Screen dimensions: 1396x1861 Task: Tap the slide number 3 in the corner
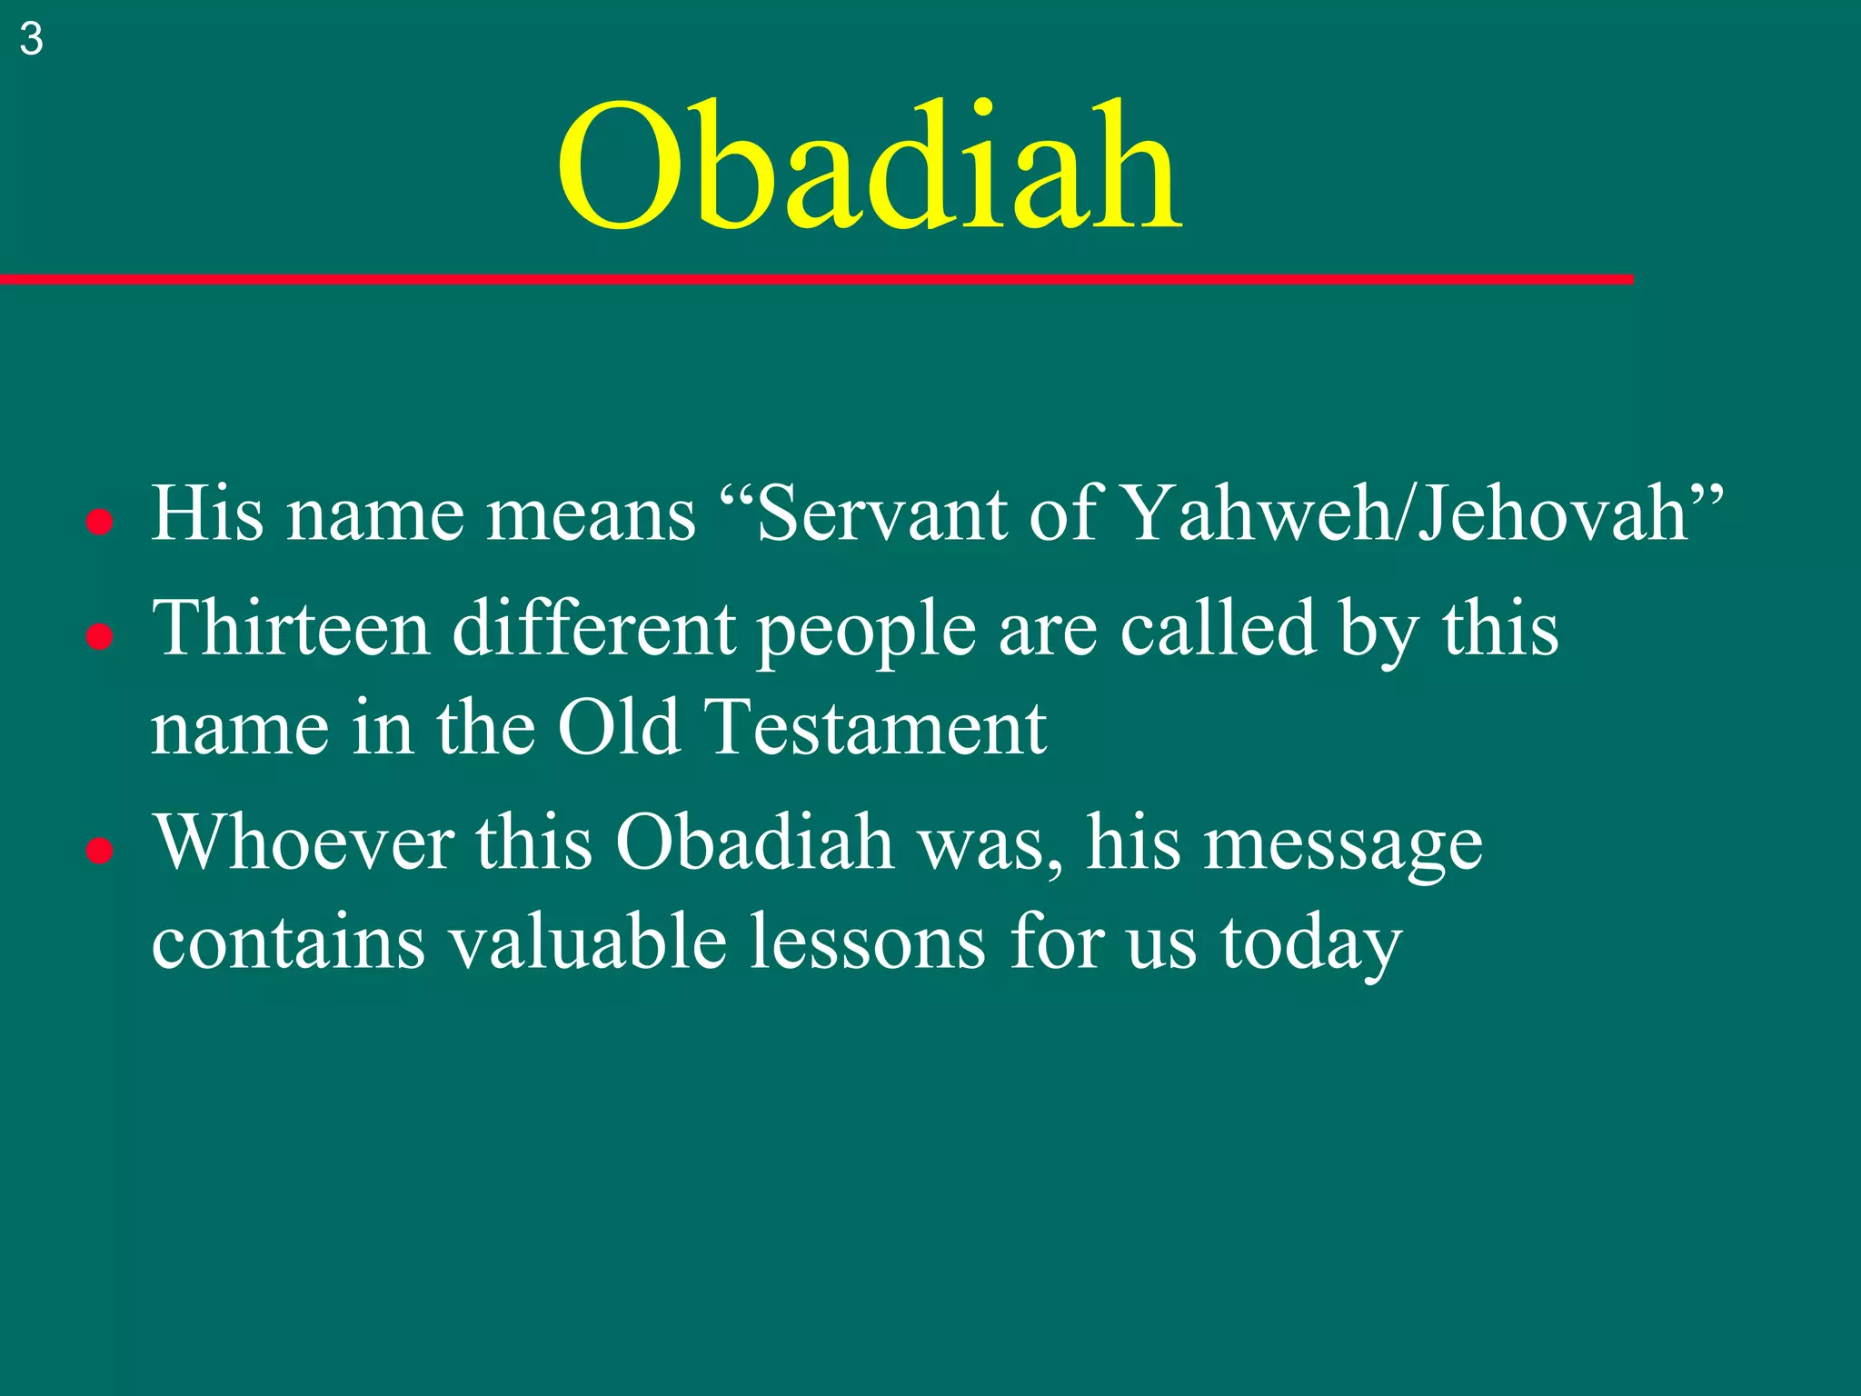(x=31, y=39)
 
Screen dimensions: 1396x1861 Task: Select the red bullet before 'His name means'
(x=99, y=523)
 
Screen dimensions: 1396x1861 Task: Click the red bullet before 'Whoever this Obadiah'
(x=99, y=851)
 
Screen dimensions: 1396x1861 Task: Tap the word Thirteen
(x=291, y=629)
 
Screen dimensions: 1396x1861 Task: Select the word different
(x=594, y=629)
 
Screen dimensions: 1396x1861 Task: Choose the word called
(x=1218, y=629)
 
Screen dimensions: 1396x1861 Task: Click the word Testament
(x=876, y=728)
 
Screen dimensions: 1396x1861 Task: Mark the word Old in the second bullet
(x=619, y=728)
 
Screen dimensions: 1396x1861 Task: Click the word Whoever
(x=304, y=843)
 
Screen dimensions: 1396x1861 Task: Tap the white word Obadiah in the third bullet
(x=754, y=843)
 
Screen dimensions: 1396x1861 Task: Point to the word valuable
(x=588, y=942)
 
